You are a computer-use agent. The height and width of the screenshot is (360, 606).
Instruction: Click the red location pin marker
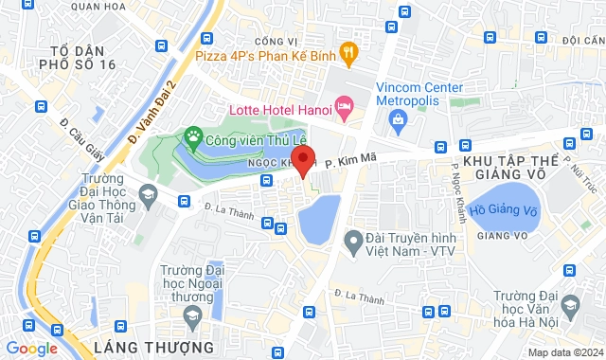pos(302,159)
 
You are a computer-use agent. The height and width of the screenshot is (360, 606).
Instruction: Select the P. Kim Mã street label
pos(344,164)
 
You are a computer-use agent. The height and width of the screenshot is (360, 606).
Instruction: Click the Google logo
pos(31,348)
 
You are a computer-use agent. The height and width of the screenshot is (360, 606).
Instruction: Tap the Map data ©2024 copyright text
pos(564,352)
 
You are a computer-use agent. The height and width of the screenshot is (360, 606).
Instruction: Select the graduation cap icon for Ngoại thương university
pos(191,313)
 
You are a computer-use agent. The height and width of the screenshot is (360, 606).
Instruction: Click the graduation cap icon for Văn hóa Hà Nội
pos(570,305)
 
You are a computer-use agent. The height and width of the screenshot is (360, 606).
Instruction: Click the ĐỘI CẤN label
pos(582,41)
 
